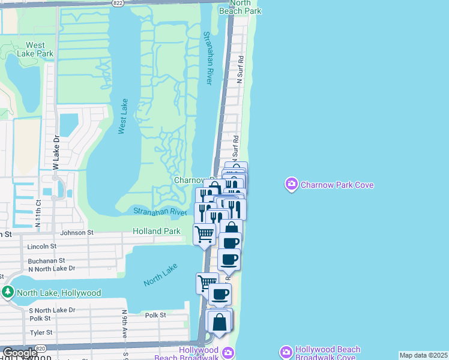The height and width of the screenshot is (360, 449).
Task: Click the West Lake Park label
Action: click(x=35, y=49)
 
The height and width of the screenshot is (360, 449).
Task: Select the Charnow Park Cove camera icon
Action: click(x=292, y=185)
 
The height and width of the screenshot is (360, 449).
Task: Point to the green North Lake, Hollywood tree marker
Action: click(x=8, y=292)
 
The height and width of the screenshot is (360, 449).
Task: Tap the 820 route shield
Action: click(x=41, y=349)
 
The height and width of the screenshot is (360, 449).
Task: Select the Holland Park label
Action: click(x=156, y=231)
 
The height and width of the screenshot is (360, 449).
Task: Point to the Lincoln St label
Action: click(x=42, y=246)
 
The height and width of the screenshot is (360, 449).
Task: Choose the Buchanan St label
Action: click(x=46, y=261)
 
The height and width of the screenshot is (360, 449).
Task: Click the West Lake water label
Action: click(x=122, y=116)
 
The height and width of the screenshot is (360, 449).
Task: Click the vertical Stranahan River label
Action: click(x=208, y=58)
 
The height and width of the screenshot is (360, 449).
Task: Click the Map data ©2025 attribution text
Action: click(x=423, y=355)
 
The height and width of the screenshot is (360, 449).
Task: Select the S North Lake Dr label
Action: click(x=52, y=310)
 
